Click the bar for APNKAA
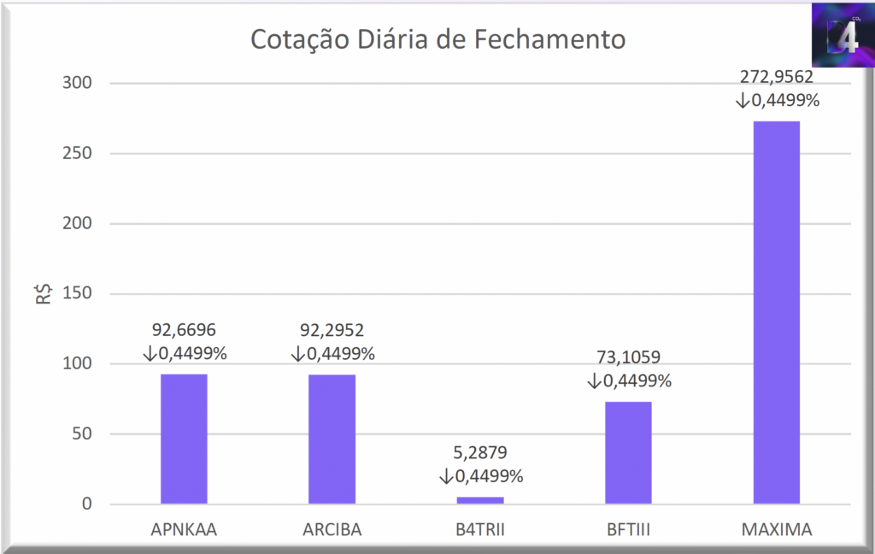184,439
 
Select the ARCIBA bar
332,439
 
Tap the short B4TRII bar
480,500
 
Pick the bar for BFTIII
628,452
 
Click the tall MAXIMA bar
776,312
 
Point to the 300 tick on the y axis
75,83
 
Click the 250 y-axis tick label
75,153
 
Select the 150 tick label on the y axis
75,293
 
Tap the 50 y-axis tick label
79,433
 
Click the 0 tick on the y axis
85,504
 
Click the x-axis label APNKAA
184,529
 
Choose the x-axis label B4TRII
480,529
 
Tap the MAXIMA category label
776,529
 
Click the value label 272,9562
776,77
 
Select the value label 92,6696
185,330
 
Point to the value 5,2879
480,453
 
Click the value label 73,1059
628,358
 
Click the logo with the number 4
843,37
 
